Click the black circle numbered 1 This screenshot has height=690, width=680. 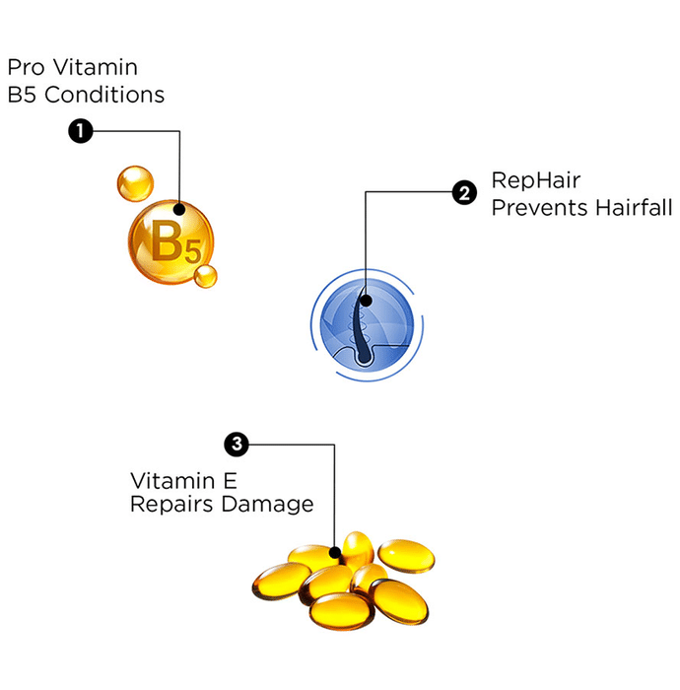pos(80,130)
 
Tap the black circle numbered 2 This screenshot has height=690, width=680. pos(464,192)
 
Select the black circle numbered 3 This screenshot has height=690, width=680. pos(237,444)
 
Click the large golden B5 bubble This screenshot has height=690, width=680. pos(170,240)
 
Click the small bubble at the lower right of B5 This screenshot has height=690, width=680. pos(205,276)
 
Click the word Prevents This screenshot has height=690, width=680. pos(533,208)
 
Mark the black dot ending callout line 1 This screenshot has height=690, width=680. pos(180,208)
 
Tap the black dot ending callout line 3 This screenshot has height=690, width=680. pos(336,552)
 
